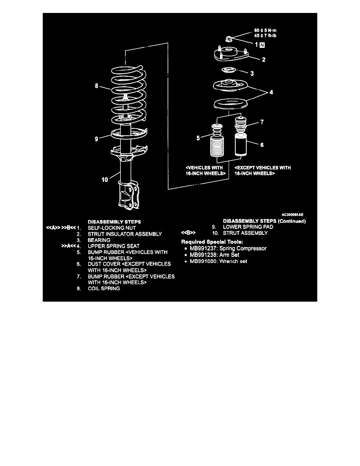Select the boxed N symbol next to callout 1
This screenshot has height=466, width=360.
262,45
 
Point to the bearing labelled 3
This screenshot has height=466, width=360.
228,71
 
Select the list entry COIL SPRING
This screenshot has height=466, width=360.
104,288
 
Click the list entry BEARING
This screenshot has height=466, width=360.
99,240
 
